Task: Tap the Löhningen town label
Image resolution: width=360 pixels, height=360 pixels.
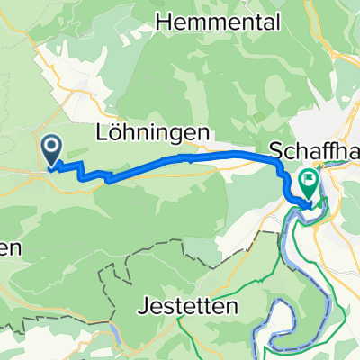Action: point(154,132)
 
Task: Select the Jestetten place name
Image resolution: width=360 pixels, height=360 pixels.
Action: point(189,306)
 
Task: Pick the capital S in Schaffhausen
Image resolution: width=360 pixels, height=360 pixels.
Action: point(274,150)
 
